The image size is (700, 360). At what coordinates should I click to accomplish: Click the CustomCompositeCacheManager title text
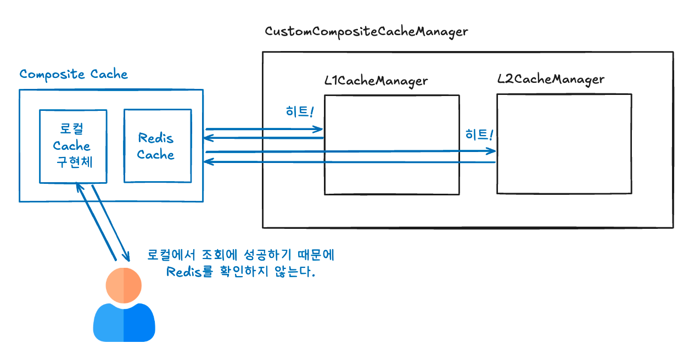click(366, 31)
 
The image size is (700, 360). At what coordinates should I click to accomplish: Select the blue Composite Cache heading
click(74, 74)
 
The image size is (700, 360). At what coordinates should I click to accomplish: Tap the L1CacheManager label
click(376, 81)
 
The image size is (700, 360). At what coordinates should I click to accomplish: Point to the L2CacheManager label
click(551, 79)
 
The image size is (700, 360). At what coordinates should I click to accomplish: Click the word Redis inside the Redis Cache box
click(156, 138)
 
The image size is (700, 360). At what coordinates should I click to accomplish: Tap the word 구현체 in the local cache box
click(72, 163)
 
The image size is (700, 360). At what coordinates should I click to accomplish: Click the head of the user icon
click(124, 285)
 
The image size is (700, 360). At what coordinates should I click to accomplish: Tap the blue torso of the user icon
click(124, 324)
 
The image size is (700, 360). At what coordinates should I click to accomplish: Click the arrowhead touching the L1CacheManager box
click(319, 130)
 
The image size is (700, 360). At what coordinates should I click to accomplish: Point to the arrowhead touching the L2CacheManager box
click(491, 151)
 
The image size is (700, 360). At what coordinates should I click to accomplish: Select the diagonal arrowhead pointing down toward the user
click(126, 257)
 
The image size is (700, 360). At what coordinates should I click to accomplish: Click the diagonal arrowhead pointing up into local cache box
click(79, 187)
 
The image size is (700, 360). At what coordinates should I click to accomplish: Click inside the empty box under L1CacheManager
click(391, 145)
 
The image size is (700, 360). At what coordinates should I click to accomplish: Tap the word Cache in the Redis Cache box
click(156, 155)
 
